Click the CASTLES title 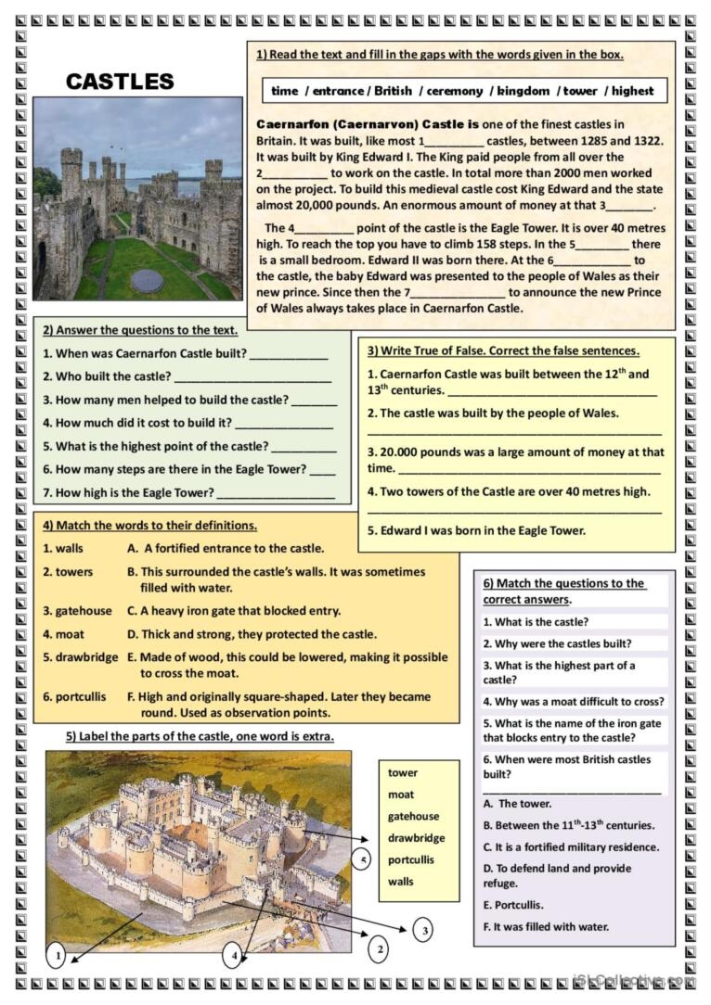(120, 82)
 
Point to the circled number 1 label (56, 954)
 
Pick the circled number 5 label (363, 859)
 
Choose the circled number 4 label (236, 954)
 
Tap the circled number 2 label (377, 948)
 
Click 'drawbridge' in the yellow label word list (416, 838)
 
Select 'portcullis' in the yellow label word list (412, 859)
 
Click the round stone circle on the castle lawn (147, 280)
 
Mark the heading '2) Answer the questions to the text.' (140, 329)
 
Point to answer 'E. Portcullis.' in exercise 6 (513, 905)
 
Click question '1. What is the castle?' (541, 622)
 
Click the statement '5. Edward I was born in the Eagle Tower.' (476, 530)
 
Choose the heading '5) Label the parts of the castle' (199, 737)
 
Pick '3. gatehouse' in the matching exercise (77, 611)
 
